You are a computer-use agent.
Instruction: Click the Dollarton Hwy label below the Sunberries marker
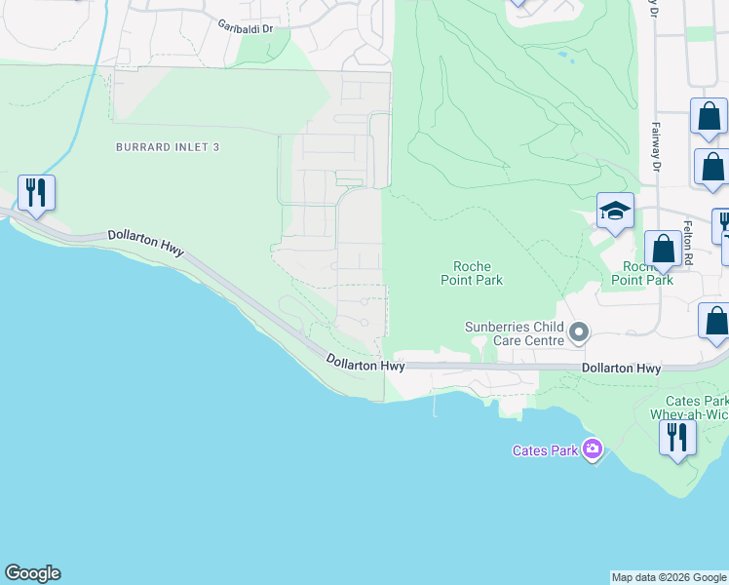pos(621,369)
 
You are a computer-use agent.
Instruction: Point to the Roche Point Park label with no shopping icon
pos(478,273)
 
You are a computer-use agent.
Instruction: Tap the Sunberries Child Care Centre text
pos(515,333)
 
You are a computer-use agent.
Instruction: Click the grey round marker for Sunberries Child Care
pos(579,333)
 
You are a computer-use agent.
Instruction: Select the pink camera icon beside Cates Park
pos(592,449)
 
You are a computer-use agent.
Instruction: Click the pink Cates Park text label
pos(545,450)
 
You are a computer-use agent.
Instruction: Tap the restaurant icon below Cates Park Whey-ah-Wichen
pos(677,437)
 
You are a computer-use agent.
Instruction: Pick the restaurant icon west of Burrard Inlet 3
pos(36,192)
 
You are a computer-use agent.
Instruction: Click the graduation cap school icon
pos(616,211)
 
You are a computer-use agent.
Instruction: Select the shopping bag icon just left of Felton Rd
pos(664,249)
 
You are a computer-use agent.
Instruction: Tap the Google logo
pos(32,573)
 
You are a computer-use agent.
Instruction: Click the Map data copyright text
pos(669,577)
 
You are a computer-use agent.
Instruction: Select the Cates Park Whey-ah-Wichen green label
pos(696,408)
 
